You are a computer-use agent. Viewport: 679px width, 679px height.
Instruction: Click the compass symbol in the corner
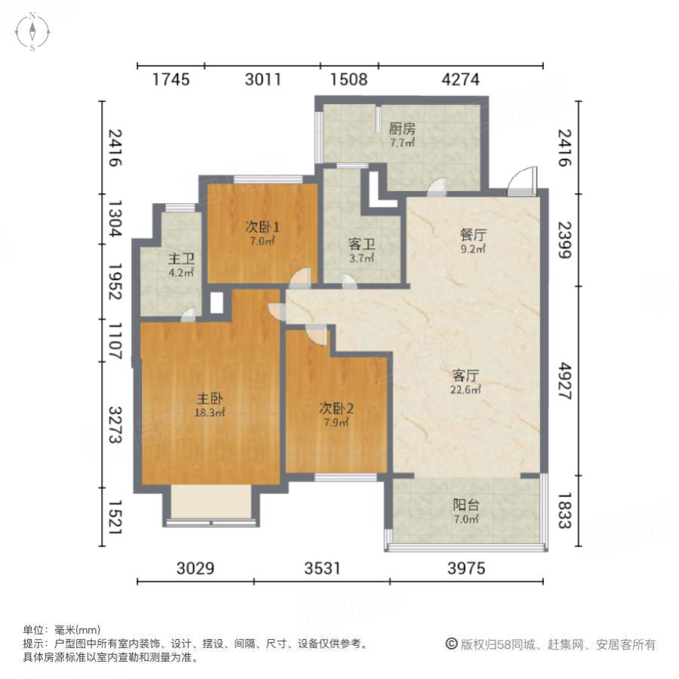(x=33, y=32)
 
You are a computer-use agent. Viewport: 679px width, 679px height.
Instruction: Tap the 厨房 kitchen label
(x=402, y=128)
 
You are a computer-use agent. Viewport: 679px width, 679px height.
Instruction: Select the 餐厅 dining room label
(x=473, y=234)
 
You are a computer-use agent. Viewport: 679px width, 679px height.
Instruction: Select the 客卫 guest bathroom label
(x=361, y=244)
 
